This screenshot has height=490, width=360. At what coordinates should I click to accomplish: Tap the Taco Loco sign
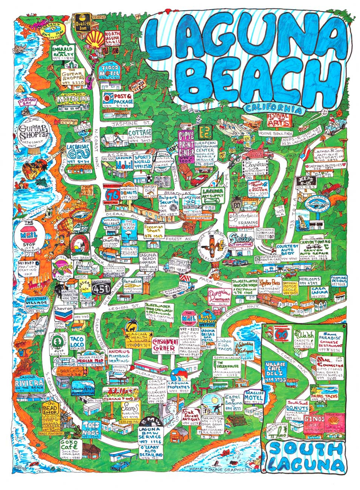click(x=79, y=341)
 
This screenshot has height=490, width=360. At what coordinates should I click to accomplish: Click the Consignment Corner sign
click(x=165, y=345)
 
